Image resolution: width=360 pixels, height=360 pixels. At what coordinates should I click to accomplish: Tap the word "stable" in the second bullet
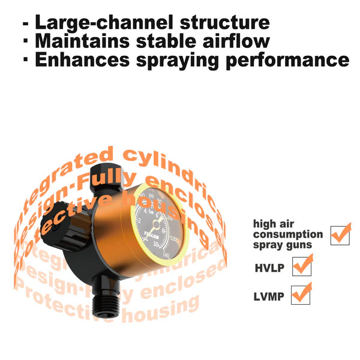170,42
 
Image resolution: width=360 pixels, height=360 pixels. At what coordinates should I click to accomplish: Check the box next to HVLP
302,265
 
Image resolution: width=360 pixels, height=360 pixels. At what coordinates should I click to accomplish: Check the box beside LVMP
301,295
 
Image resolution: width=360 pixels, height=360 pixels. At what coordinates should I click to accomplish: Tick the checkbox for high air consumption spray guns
340,234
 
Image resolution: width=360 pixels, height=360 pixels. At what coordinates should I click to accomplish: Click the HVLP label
268,265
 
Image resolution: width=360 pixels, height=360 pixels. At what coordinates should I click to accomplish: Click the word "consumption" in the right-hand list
287,235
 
